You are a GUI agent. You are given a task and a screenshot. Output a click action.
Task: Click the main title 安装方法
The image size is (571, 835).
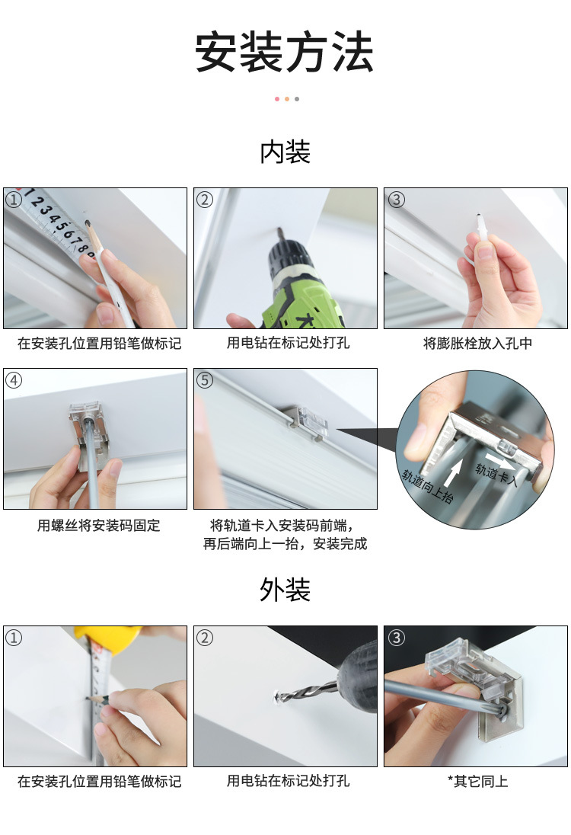pyautogui.click(x=285, y=53)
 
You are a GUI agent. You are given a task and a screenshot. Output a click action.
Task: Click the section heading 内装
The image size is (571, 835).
pyautogui.click(x=285, y=152)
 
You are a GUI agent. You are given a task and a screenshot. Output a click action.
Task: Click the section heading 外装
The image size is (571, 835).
pyautogui.click(x=285, y=589)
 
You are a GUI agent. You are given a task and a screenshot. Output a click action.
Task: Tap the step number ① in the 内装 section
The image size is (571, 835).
pyautogui.click(x=14, y=200)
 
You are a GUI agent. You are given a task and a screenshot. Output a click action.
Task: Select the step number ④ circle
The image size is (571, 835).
pyautogui.click(x=14, y=379)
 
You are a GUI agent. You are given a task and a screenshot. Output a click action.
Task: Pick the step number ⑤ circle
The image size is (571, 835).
pyautogui.click(x=204, y=379)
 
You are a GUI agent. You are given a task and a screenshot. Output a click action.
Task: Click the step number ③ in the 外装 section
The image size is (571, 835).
pyautogui.click(x=395, y=637)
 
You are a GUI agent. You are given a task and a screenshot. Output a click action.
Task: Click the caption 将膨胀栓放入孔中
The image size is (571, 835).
pyautogui.click(x=477, y=344)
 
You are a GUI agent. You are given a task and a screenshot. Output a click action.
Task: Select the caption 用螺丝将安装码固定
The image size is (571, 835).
pyautogui.click(x=99, y=526)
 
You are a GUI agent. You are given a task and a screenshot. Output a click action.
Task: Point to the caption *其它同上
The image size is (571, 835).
pyautogui.click(x=477, y=781)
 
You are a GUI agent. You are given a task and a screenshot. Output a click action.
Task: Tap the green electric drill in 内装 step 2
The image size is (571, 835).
pyautogui.click(x=301, y=286)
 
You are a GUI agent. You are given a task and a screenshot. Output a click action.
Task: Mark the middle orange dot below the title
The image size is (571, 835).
pyautogui.click(x=286, y=99)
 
